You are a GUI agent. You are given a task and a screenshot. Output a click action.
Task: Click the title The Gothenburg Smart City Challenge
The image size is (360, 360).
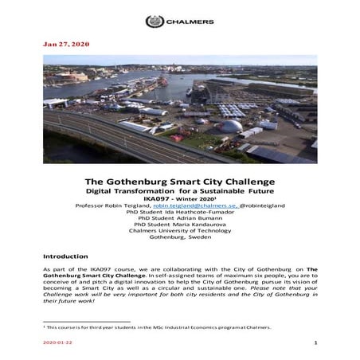[x=179, y=182]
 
